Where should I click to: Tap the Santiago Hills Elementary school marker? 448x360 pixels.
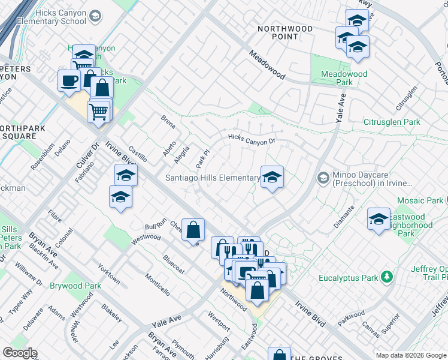pyautogui.click(x=272, y=178)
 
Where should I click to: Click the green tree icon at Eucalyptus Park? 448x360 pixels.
pyautogui.click(x=388, y=277)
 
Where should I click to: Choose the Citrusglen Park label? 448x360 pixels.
pyautogui.click(x=392, y=122)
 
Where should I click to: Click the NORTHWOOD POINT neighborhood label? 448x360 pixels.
pyautogui.click(x=285, y=32)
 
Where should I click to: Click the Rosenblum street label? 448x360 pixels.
pyautogui.click(x=43, y=157)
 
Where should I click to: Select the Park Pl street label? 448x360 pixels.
pyautogui.click(x=202, y=160)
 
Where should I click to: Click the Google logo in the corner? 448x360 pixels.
pyautogui.click(x=20, y=353)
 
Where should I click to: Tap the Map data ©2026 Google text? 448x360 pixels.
pyautogui.click(x=410, y=355)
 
